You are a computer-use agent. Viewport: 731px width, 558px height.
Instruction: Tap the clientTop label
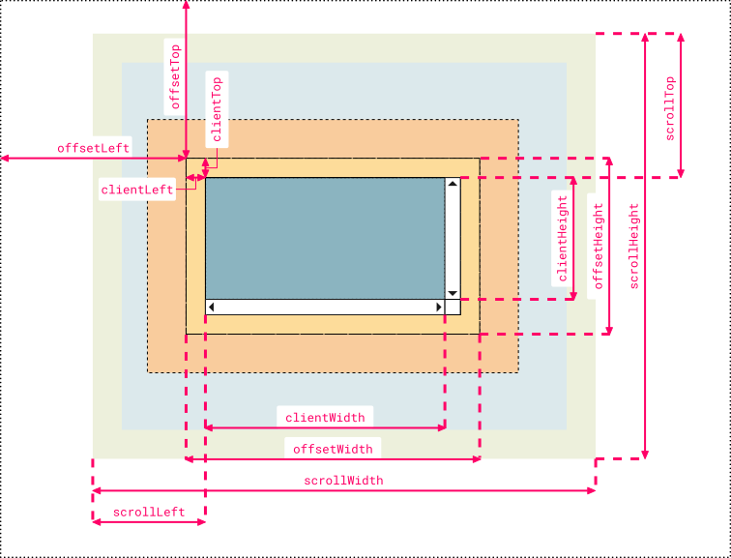217,109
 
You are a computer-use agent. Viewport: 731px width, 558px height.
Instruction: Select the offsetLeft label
93,148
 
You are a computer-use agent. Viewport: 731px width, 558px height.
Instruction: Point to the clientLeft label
137,191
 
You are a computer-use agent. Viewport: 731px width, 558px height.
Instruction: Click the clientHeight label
561,238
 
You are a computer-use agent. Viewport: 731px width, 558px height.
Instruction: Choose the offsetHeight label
599,246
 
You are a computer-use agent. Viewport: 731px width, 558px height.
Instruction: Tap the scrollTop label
669,109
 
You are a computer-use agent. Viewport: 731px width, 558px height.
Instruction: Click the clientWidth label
325,418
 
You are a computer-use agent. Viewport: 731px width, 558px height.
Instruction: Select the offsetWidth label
333,449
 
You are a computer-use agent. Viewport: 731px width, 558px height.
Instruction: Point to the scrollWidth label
343,481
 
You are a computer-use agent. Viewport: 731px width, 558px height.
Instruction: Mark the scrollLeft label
149,512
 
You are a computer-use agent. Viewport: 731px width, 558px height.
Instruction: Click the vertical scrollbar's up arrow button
452,184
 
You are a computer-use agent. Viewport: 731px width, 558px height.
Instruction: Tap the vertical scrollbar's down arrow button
452,293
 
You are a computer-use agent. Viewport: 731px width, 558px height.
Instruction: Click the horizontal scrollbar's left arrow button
212,308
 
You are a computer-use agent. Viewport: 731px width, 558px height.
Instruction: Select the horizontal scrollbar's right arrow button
436,308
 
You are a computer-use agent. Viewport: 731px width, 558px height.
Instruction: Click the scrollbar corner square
453,308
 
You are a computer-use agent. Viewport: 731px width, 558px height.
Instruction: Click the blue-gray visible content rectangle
324,238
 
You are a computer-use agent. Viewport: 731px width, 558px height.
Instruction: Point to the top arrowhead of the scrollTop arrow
681,38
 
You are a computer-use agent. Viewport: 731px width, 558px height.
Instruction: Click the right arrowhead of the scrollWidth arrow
591,490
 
